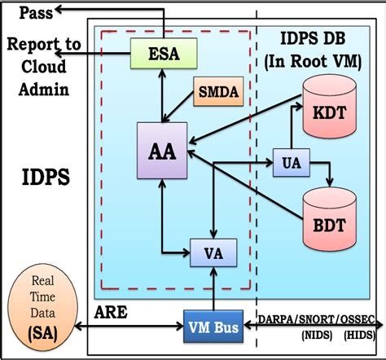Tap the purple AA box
coord(162,150)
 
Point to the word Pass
coord(38,12)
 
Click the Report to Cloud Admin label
coord(45,64)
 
